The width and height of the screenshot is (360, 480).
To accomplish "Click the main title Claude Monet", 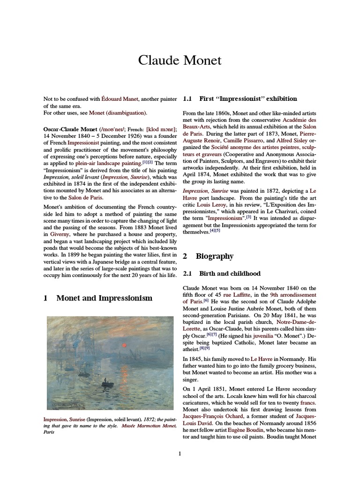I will click(x=180, y=60).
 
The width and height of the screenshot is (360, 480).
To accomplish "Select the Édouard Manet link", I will click(x=120, y=99).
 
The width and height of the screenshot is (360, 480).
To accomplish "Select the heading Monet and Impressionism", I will click(x=104, y=298).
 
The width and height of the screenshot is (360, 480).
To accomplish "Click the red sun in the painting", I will click(x=125, y=345).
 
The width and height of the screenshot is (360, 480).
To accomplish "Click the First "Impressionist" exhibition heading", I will click(x=248, y=99).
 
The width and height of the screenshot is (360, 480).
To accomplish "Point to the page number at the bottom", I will click(x=180, y=454).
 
